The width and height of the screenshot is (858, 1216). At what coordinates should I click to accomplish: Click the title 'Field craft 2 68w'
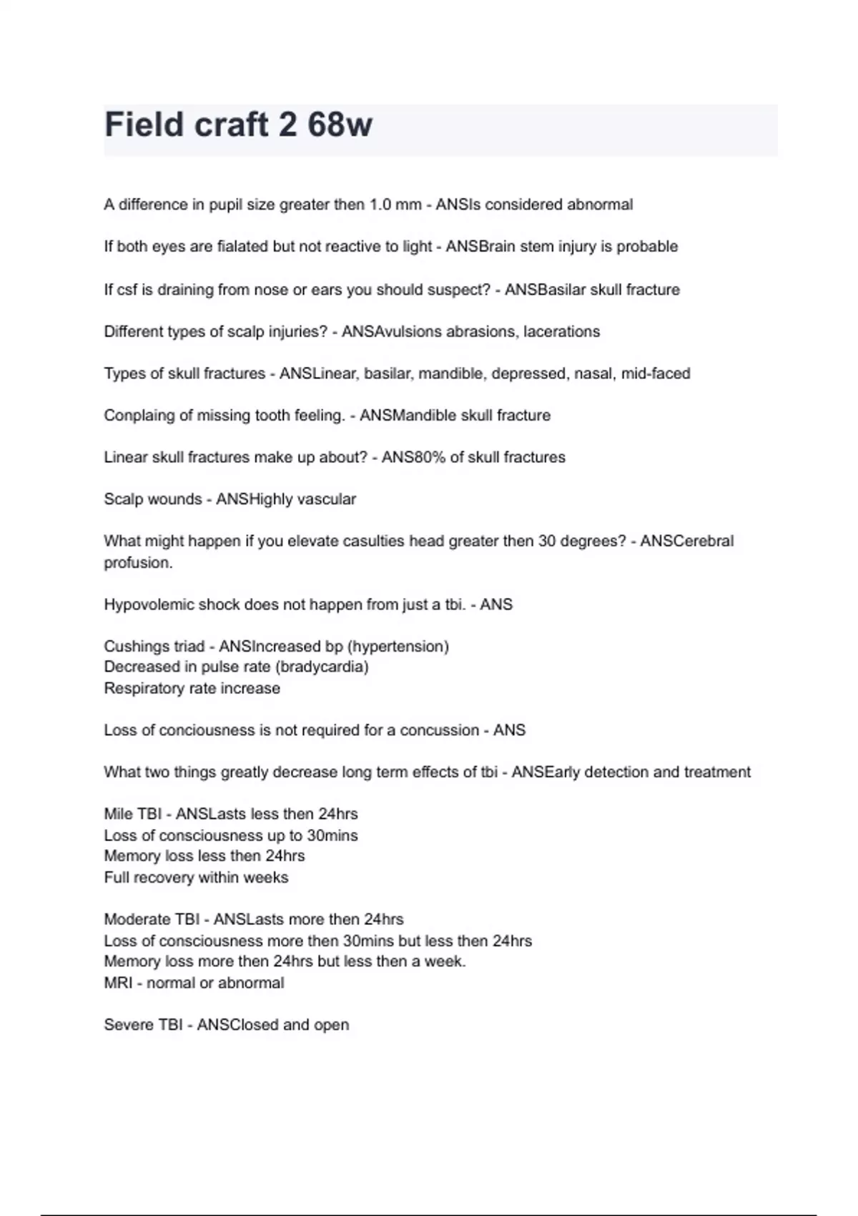[238, 125]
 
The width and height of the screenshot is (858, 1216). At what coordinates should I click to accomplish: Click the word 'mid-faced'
[656, 373]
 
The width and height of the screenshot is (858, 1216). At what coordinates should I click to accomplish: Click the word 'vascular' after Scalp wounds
[328, 499]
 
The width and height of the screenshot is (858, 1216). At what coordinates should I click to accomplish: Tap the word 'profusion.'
[138, 563]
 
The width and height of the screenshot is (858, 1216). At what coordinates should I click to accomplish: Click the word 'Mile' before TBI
[118, 814]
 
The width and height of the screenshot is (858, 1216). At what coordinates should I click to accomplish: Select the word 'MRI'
[118, 984]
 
